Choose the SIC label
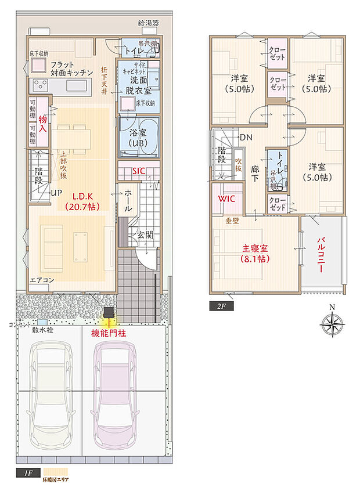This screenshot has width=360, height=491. tap(139, 171)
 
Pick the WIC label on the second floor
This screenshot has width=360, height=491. tap(226, 198)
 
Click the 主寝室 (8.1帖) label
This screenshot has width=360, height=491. tap(255, 254)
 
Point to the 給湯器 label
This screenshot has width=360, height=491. tap(148, 23)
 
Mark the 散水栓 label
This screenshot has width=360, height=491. tap(43, 330)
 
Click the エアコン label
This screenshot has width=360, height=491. tap(42, 280)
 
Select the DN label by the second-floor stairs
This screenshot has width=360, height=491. tap(246, 138)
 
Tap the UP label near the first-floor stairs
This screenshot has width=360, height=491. tap(56, 193)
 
